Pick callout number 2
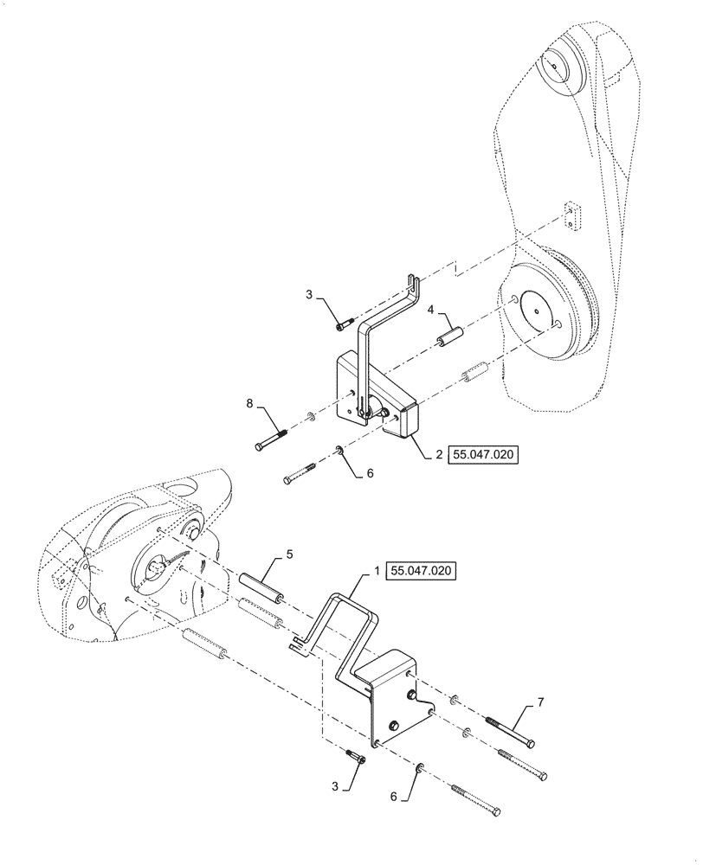point(438,454)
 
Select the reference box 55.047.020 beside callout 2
point(482,454)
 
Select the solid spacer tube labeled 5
point(261,587)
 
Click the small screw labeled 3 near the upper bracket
point(345,323)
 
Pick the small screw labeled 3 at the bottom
point(355,754)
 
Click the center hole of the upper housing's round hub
point(536,310)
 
